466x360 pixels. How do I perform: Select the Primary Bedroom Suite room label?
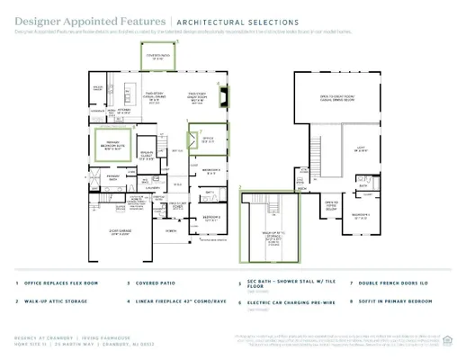112,142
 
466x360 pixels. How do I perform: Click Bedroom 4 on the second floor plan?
362,215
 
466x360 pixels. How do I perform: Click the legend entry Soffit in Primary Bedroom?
399,302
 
